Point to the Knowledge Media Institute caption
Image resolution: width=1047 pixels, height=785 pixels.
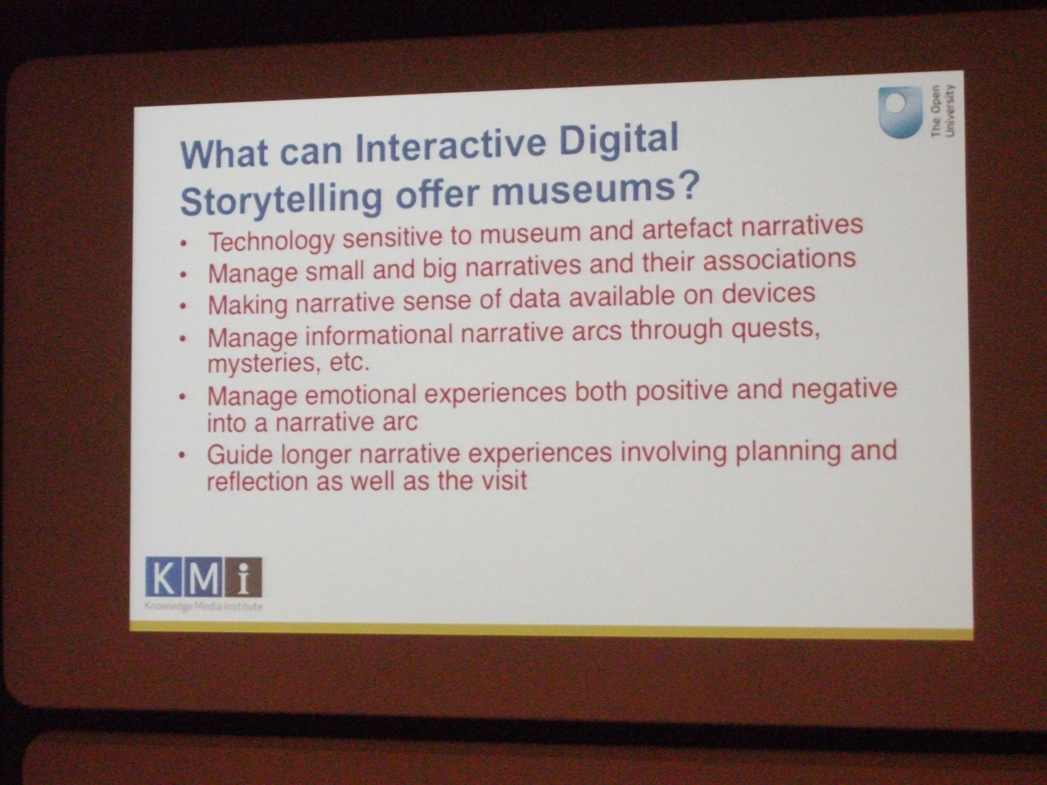[204, 606]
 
